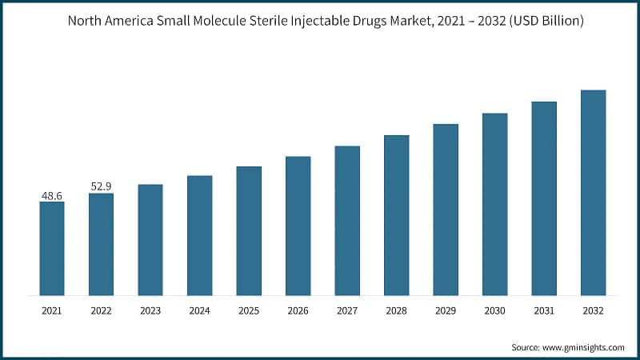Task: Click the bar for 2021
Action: tap(52, 248)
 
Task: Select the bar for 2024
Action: tap(199, 235)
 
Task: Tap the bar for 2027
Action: tap(347, 220)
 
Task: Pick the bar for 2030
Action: tap(494, 204)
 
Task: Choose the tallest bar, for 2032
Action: tap(593, 192)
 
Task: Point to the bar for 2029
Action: tap(446, 210)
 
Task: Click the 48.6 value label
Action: tap(52, 195)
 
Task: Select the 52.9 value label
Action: tap(101, 186)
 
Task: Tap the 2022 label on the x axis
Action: tap(101, 310)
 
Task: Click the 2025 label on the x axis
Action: tap(249, 310)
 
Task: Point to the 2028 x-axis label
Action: tap(396, 310)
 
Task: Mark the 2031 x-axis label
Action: tap(544, 310)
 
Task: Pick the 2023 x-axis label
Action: tap(150, 310)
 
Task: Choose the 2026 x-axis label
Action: tap(298, 310)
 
